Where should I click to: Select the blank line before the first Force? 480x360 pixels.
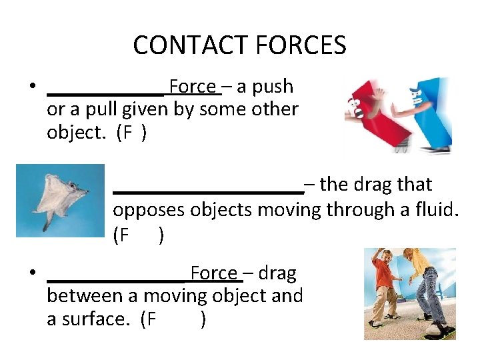tap(107, 92)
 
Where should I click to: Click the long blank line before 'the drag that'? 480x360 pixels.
tap(208, 191)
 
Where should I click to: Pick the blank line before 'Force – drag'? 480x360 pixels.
tap(117, 279)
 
